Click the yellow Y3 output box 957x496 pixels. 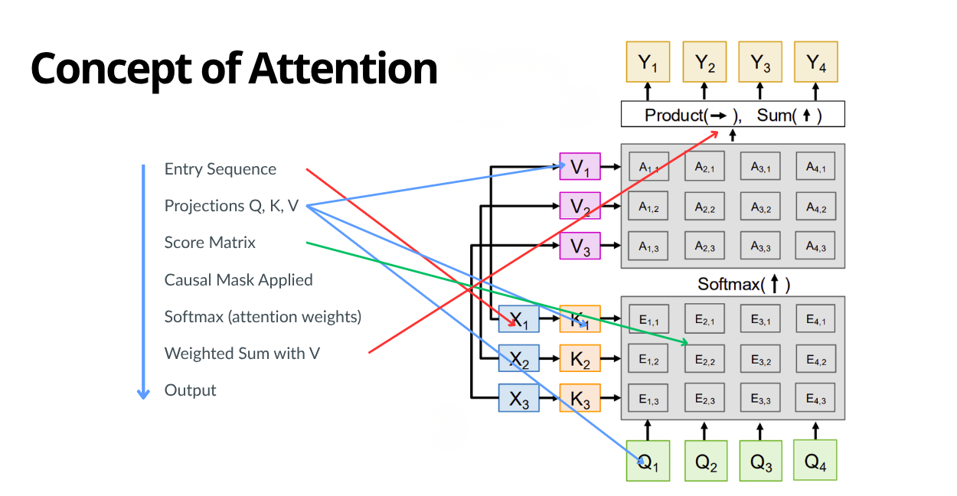[759, 62]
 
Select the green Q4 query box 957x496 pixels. [815, 461]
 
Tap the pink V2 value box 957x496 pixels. [580, 206]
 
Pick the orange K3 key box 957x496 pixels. [580, 398]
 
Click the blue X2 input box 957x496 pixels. [519, 357]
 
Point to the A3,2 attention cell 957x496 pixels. [759, 207]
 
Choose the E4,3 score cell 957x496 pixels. [815, 399]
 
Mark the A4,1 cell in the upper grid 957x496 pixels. [815, 166]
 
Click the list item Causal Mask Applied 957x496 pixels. [238, 280]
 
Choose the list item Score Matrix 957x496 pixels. [210, 243]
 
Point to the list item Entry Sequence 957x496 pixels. [220, 169]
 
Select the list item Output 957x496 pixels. [191, 390]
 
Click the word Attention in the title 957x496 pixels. [342, 69]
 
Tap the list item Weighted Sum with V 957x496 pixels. [242, 354]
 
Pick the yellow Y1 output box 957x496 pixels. [648, 62]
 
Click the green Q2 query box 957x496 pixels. [704, 461]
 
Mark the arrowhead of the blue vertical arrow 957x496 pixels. [143, 393]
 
